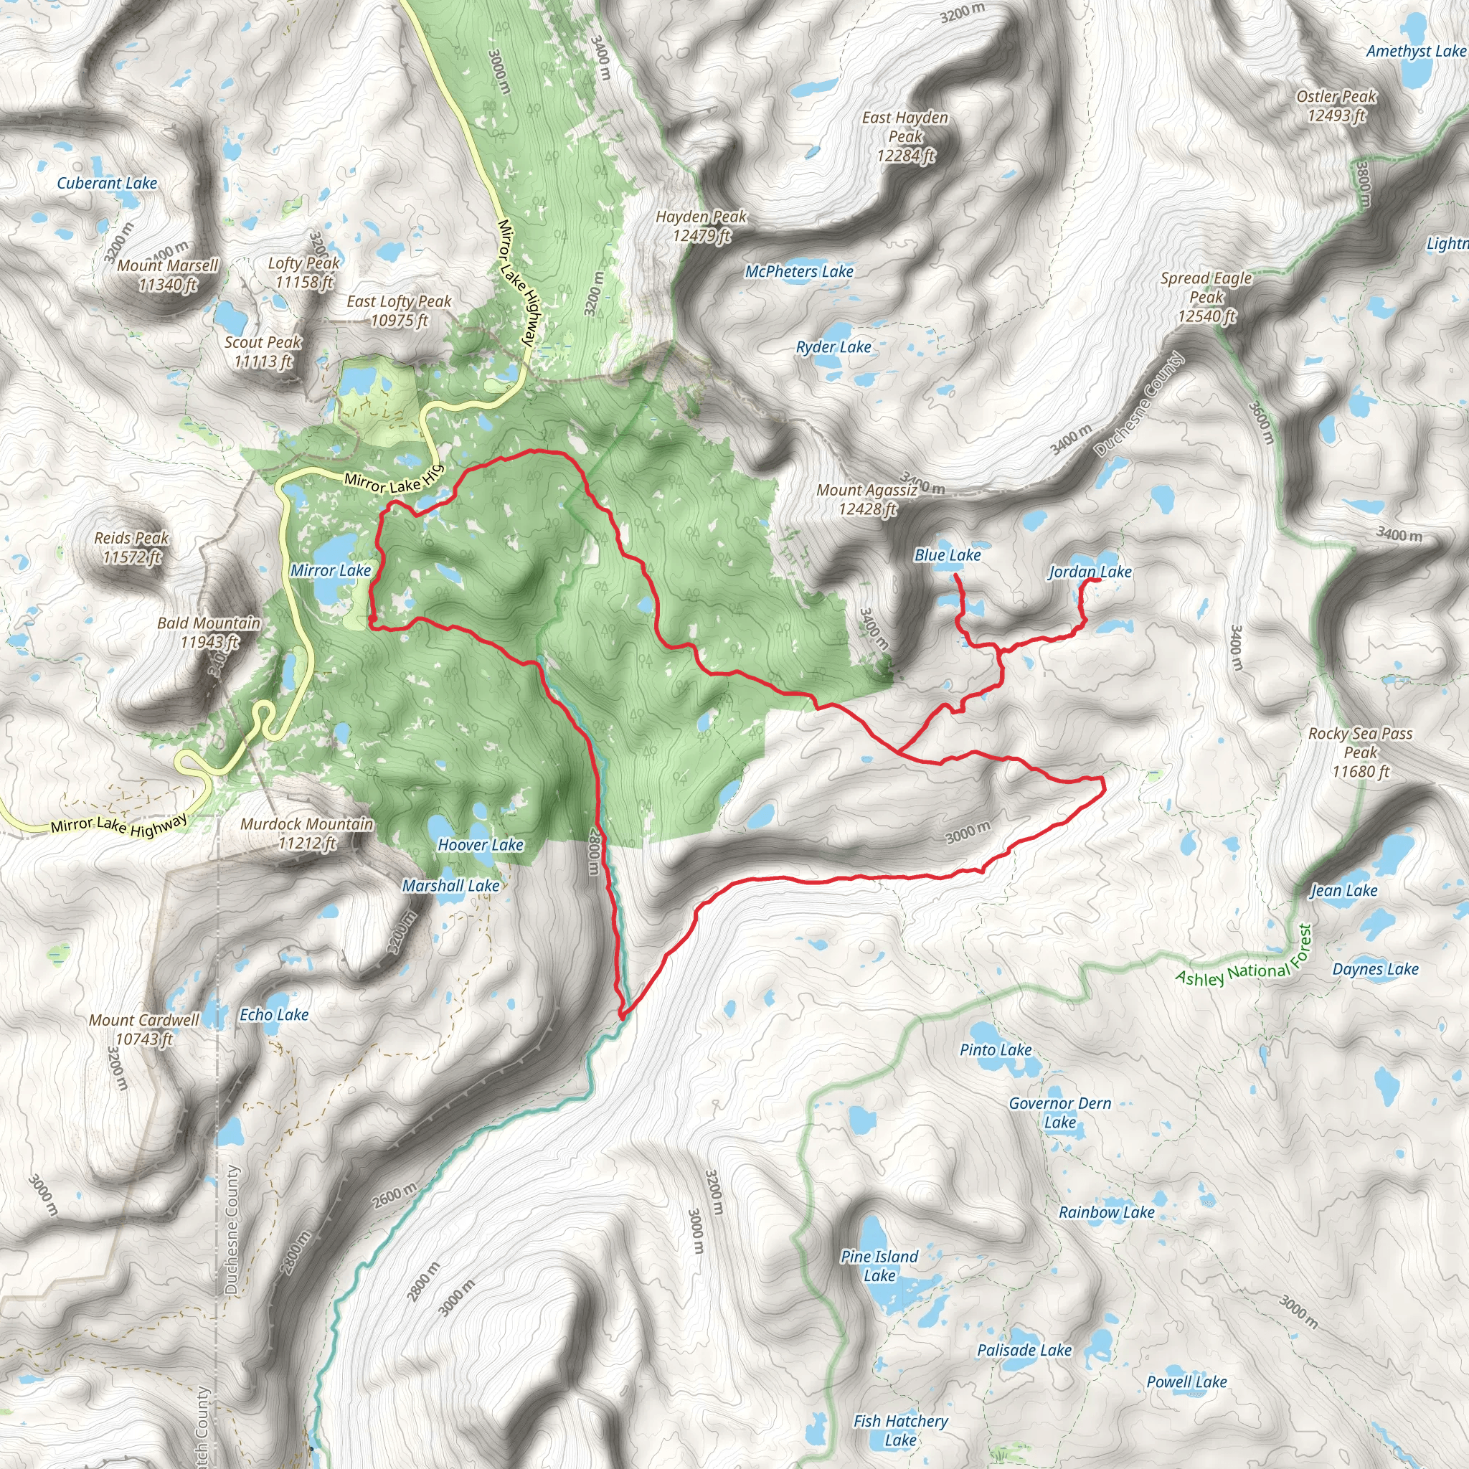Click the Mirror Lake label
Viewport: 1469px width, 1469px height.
(330, 570)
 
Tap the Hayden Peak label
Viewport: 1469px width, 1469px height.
(701, 226)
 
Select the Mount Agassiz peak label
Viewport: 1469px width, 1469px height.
(866, 499)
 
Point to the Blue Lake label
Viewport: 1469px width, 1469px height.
(948, 555)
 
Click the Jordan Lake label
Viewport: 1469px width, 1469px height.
(1090, 572)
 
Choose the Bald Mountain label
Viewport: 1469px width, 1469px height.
(208, 632)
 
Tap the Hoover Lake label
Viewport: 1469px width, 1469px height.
(480, 845)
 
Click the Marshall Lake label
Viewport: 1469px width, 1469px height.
(450, 886)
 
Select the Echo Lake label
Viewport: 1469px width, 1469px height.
(274, 1014)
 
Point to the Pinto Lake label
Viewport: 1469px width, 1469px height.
(996, 1050)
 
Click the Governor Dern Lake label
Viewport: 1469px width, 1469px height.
(1059, 1113)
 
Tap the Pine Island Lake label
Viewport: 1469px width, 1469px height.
(879, 1266)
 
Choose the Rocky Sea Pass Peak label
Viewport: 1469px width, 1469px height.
(1359, 752)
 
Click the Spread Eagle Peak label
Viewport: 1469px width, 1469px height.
(1206, 296)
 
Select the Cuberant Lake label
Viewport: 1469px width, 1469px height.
(107, 183)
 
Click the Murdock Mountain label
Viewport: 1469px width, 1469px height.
(306, 833)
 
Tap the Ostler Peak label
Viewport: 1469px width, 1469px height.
(1336, 105)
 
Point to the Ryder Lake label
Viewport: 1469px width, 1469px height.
(833, 347)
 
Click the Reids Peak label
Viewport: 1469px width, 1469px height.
(131, 547)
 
